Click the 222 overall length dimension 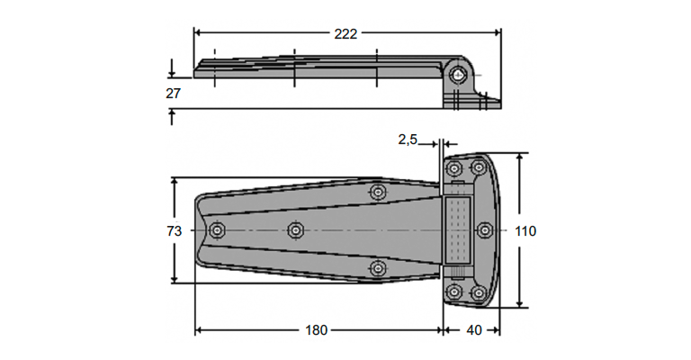point(345,34)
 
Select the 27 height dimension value point(173,94)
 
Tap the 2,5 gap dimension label point(408,139)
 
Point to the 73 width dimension point(174,231)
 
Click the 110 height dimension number point(525,231)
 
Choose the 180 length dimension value point(317,330)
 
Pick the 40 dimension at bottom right point(474,330)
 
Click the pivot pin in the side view point(459,75)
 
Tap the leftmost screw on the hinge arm point(217,230)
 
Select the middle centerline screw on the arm point(295,230)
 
